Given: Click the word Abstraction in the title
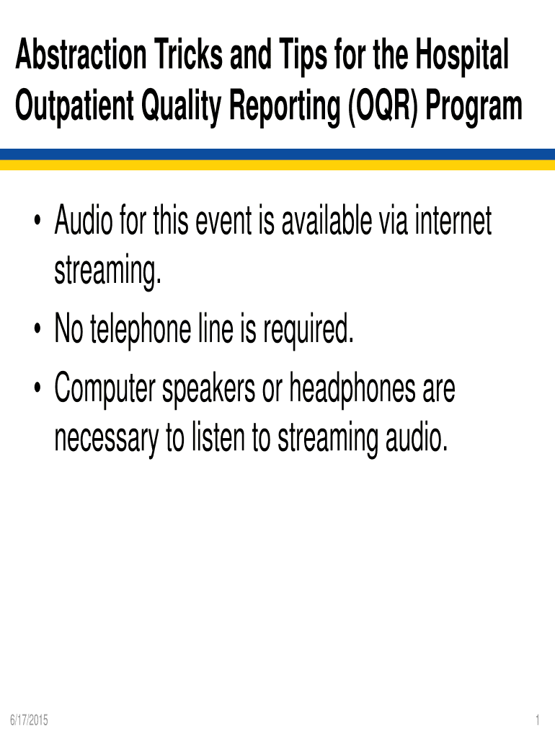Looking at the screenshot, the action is [81, 55].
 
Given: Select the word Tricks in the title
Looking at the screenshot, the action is [188, 55].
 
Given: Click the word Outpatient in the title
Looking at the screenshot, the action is [74, 107].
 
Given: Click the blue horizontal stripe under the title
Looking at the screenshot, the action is [277, 154].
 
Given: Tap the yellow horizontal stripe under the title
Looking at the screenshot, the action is [277, 165].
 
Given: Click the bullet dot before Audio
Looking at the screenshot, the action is [37, 221].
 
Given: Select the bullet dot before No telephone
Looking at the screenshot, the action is [37, 329].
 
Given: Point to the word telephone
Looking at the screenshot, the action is [141, 330].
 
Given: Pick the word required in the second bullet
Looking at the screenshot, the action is [308, 330].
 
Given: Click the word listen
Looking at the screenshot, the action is [218, 437].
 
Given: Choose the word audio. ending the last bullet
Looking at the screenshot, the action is [416, 437].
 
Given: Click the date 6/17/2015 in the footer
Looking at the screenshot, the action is [29, 720].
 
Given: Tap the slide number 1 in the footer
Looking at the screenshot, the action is [538, 720].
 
